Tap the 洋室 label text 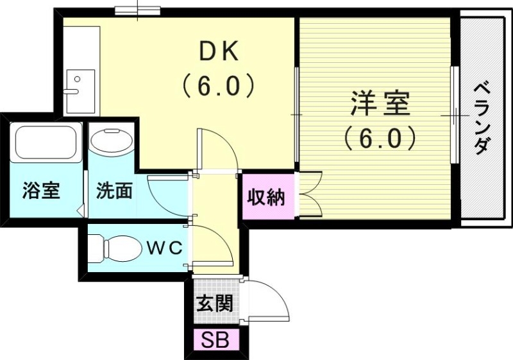pyautogui.click(x=380, y=104)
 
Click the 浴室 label pyautogui.click(x=41, y=191)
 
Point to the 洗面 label pyautogui.click(x=115, y=191)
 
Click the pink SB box pyautogui.click(x=216, y=340)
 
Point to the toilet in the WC pyautogui.click(x=115, y=247)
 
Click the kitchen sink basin pyautogui.click(x=79, y=83)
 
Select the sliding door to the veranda pyautogui.click(x=454, y=116)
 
